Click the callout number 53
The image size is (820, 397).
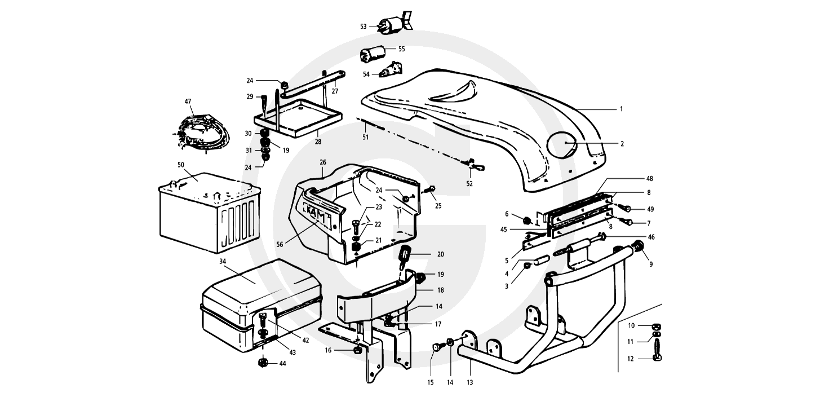click(363, 27)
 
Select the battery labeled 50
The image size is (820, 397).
click(210, 213)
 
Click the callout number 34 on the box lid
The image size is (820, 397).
click(223, 262)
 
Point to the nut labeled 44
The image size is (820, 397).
click(263, 363)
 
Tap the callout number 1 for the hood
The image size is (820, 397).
click(621, 109)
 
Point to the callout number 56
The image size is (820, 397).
click(280, 245)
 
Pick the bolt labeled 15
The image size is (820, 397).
click(437, 346)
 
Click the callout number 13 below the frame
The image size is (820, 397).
click(469, 383)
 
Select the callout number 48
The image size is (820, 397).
click(649, 179)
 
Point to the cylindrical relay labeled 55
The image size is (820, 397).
click(372, 55)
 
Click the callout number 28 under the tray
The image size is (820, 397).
click(318, 142)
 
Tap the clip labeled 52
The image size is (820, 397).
click(474, 166)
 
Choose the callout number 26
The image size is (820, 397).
click(322, 162)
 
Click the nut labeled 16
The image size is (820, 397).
click(356, 351)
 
